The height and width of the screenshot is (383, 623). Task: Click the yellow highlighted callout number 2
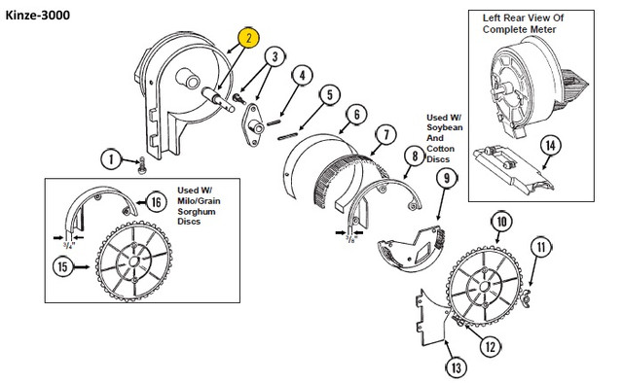[249, 39]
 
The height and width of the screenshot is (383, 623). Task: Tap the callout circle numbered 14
[550, 146]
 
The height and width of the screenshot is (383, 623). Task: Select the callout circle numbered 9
[447, 179]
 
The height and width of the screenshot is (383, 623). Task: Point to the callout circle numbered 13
[456, 367]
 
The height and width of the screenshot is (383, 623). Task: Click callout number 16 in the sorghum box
[156, 202]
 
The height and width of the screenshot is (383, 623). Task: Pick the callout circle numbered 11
[541, 247]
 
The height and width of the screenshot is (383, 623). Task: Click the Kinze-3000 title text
[37, 16]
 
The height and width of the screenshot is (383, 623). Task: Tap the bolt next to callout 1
[142, 166]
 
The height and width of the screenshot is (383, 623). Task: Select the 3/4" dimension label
[68, 246]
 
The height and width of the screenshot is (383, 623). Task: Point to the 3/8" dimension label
[351, 239]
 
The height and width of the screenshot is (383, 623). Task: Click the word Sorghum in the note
[197, 212]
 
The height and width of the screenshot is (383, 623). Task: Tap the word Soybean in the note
[444, 127]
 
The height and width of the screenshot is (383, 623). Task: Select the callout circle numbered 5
[330, 95]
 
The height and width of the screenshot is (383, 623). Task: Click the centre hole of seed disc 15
[133, 261]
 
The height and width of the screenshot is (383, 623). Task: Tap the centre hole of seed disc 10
[484, 286]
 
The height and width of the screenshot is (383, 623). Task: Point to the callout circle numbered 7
[385, 135]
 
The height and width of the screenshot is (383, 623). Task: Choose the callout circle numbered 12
[491, 346]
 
